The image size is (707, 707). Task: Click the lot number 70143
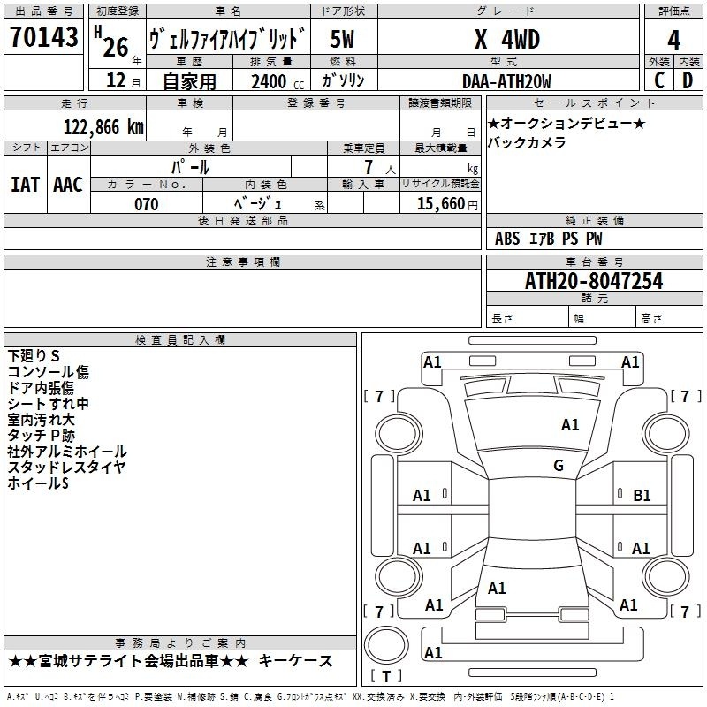43,36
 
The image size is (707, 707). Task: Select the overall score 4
673,40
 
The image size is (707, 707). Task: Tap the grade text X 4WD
507,39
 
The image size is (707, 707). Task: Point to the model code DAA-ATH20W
506,81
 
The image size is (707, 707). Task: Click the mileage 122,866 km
103,127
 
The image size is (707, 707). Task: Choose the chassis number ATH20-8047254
594,281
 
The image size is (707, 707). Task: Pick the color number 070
147,204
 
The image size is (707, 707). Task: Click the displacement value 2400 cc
277,81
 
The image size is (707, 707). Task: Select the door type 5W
342,39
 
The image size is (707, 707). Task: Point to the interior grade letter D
688,80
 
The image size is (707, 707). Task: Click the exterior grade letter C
659,80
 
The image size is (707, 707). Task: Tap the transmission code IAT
25,185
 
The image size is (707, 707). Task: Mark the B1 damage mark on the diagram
642,496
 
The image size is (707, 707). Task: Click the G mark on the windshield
559,466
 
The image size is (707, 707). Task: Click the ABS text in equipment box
507,239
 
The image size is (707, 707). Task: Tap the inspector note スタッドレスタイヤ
66,468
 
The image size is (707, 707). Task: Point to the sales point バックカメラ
526,142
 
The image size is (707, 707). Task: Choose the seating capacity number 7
369,167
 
